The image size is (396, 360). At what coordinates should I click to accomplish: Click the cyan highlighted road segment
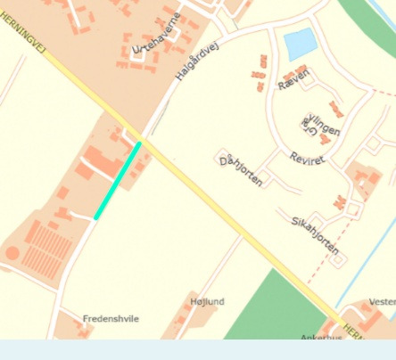click(x=118, y=179)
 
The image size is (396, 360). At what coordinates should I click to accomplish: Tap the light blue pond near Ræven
click(x=300, y=42)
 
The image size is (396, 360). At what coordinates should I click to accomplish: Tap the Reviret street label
click(x=308, y=158)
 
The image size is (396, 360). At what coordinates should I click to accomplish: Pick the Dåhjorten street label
click(x=241, y=168)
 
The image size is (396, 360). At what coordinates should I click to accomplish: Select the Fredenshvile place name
click(x=111, y=318)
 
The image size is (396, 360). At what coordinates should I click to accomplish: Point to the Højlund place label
click(x=208, y=302)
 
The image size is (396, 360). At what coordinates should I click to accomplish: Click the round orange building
click(x=12, y=253)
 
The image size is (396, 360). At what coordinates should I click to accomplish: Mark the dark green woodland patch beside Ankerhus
click(x=268, y=307)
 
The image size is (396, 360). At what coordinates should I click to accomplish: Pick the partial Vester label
click(x=381, y=302)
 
